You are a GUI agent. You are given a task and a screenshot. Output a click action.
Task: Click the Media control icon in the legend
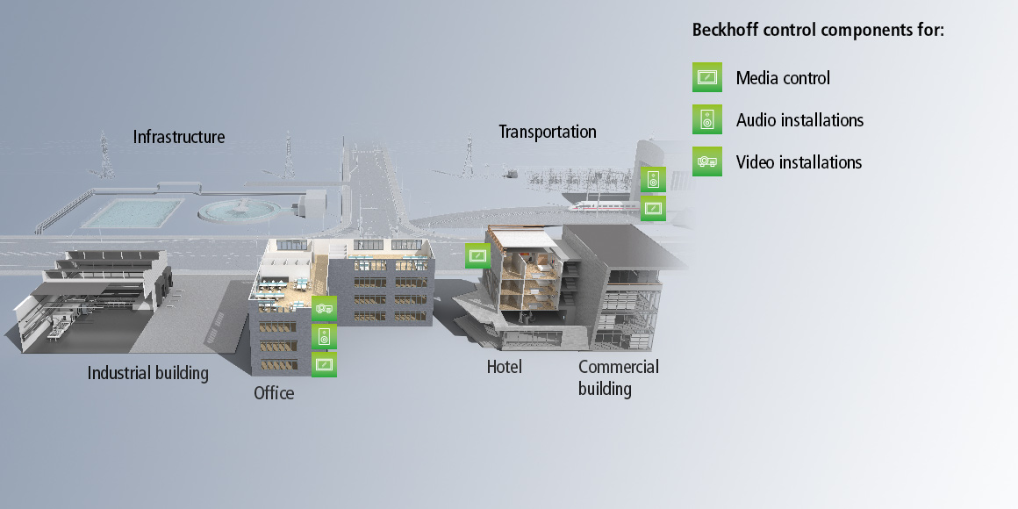pos(706,77)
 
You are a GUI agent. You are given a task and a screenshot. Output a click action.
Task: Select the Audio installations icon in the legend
pos(706,119)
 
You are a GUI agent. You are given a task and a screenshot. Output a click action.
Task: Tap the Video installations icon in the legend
pos(706,161)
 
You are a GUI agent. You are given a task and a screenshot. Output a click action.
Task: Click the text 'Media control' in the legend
pos(783,78)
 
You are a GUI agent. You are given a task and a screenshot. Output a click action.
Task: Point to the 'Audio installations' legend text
pos(799,120)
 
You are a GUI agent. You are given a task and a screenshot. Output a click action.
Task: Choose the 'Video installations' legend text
pos(799,162)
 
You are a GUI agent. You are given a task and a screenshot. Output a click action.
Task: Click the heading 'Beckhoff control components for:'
pos(818,30)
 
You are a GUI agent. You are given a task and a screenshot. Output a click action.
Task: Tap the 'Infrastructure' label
pos(179,137)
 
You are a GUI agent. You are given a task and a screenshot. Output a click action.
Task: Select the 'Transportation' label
pos(548,132)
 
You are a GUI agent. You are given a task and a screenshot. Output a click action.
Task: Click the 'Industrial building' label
pos(148,373)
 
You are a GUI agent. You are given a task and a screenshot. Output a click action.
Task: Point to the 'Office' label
pos(274,393)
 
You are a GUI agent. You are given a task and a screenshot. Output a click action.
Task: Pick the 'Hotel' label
pos(505,367)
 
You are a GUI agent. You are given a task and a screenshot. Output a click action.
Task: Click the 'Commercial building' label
pos(618,377)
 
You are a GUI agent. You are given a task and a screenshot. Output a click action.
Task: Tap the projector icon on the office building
pos(324,308)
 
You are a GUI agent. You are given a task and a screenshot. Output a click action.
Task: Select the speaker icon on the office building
pos(324,336)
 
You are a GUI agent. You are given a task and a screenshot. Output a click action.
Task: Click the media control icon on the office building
pos(324,364)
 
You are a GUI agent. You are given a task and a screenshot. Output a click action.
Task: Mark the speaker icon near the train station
pos(653,180)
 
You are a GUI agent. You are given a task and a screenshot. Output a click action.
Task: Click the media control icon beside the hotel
pos(477,255)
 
